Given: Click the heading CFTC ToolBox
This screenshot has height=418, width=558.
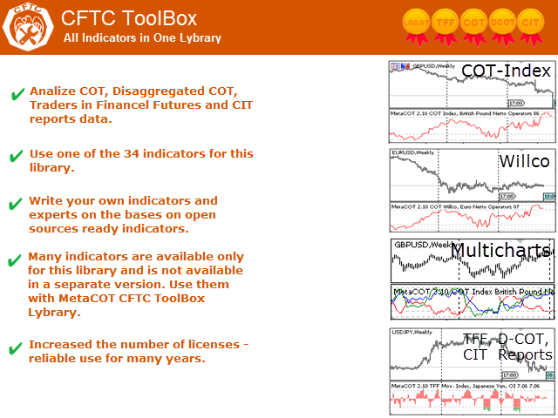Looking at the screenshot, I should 129,18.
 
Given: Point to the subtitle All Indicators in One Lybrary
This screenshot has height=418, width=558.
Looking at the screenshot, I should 142,38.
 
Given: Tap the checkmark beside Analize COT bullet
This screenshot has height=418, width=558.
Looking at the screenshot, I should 16,94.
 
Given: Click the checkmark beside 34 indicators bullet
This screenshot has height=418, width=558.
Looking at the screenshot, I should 16,156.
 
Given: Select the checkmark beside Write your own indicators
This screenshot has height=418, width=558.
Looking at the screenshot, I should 16,204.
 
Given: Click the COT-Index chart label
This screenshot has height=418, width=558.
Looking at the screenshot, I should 506,71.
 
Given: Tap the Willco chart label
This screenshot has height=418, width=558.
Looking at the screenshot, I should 524,162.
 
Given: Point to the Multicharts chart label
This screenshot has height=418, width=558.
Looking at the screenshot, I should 500,252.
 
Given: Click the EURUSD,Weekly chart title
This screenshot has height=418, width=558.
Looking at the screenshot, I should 412,153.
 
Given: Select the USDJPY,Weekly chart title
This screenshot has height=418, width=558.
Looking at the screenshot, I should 412,332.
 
